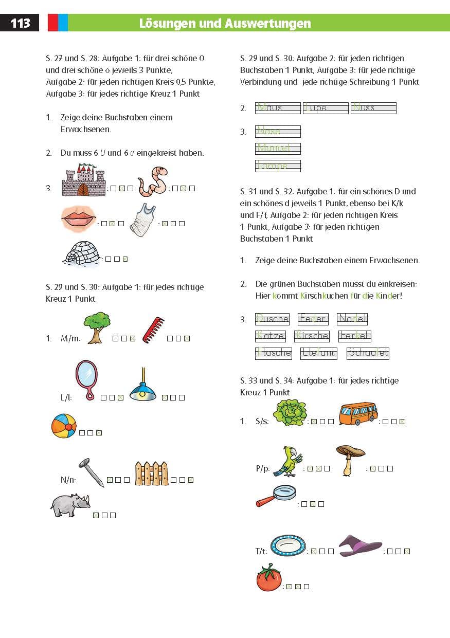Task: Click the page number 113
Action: [20, 23]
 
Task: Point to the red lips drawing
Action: [78, 219]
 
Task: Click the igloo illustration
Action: [82, 253]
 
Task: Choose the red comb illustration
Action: [153, 330]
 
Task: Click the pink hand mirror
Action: [86, 379]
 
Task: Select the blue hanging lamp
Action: [143, 387]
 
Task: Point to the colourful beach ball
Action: [64, 426]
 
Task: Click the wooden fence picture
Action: [151, 473]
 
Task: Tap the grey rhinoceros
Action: [70, 505]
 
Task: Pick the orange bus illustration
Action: [358, 413]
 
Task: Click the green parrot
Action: [286, 461]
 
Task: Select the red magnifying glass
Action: [276, 496]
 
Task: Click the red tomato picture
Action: [269, 578]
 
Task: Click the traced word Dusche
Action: [272, 319]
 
